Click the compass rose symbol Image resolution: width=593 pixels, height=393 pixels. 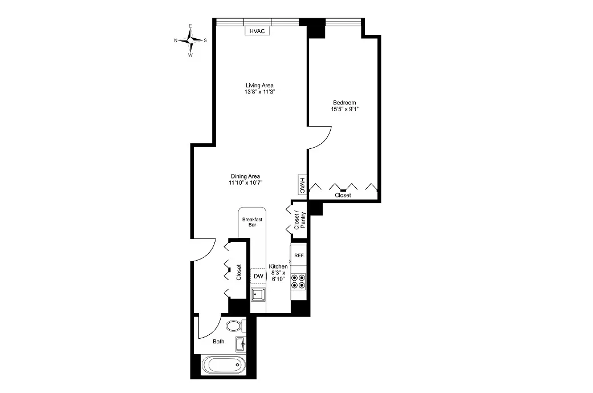pos(191,40)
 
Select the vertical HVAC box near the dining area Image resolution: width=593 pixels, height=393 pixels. pos(302,186)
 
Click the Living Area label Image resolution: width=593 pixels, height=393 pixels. pos(259,86)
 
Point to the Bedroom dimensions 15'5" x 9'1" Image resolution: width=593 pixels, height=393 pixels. pos(344,110)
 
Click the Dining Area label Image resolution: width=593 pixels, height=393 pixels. pos(246,176)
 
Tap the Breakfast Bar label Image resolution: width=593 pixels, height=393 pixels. pos(251,222)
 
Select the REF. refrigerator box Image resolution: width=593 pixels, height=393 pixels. pos(299,256)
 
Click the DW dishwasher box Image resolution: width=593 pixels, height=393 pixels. pos(258,276)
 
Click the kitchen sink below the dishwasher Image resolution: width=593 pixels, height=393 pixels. pos(259,294)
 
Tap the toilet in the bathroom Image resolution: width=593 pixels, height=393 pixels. pos(234,326)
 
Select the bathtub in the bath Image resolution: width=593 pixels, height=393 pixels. pos(224,366)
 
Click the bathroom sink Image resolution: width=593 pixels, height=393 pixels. pos(240,344)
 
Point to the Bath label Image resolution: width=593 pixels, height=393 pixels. pos(218,342)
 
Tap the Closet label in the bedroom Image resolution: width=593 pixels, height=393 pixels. pos(343,195)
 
